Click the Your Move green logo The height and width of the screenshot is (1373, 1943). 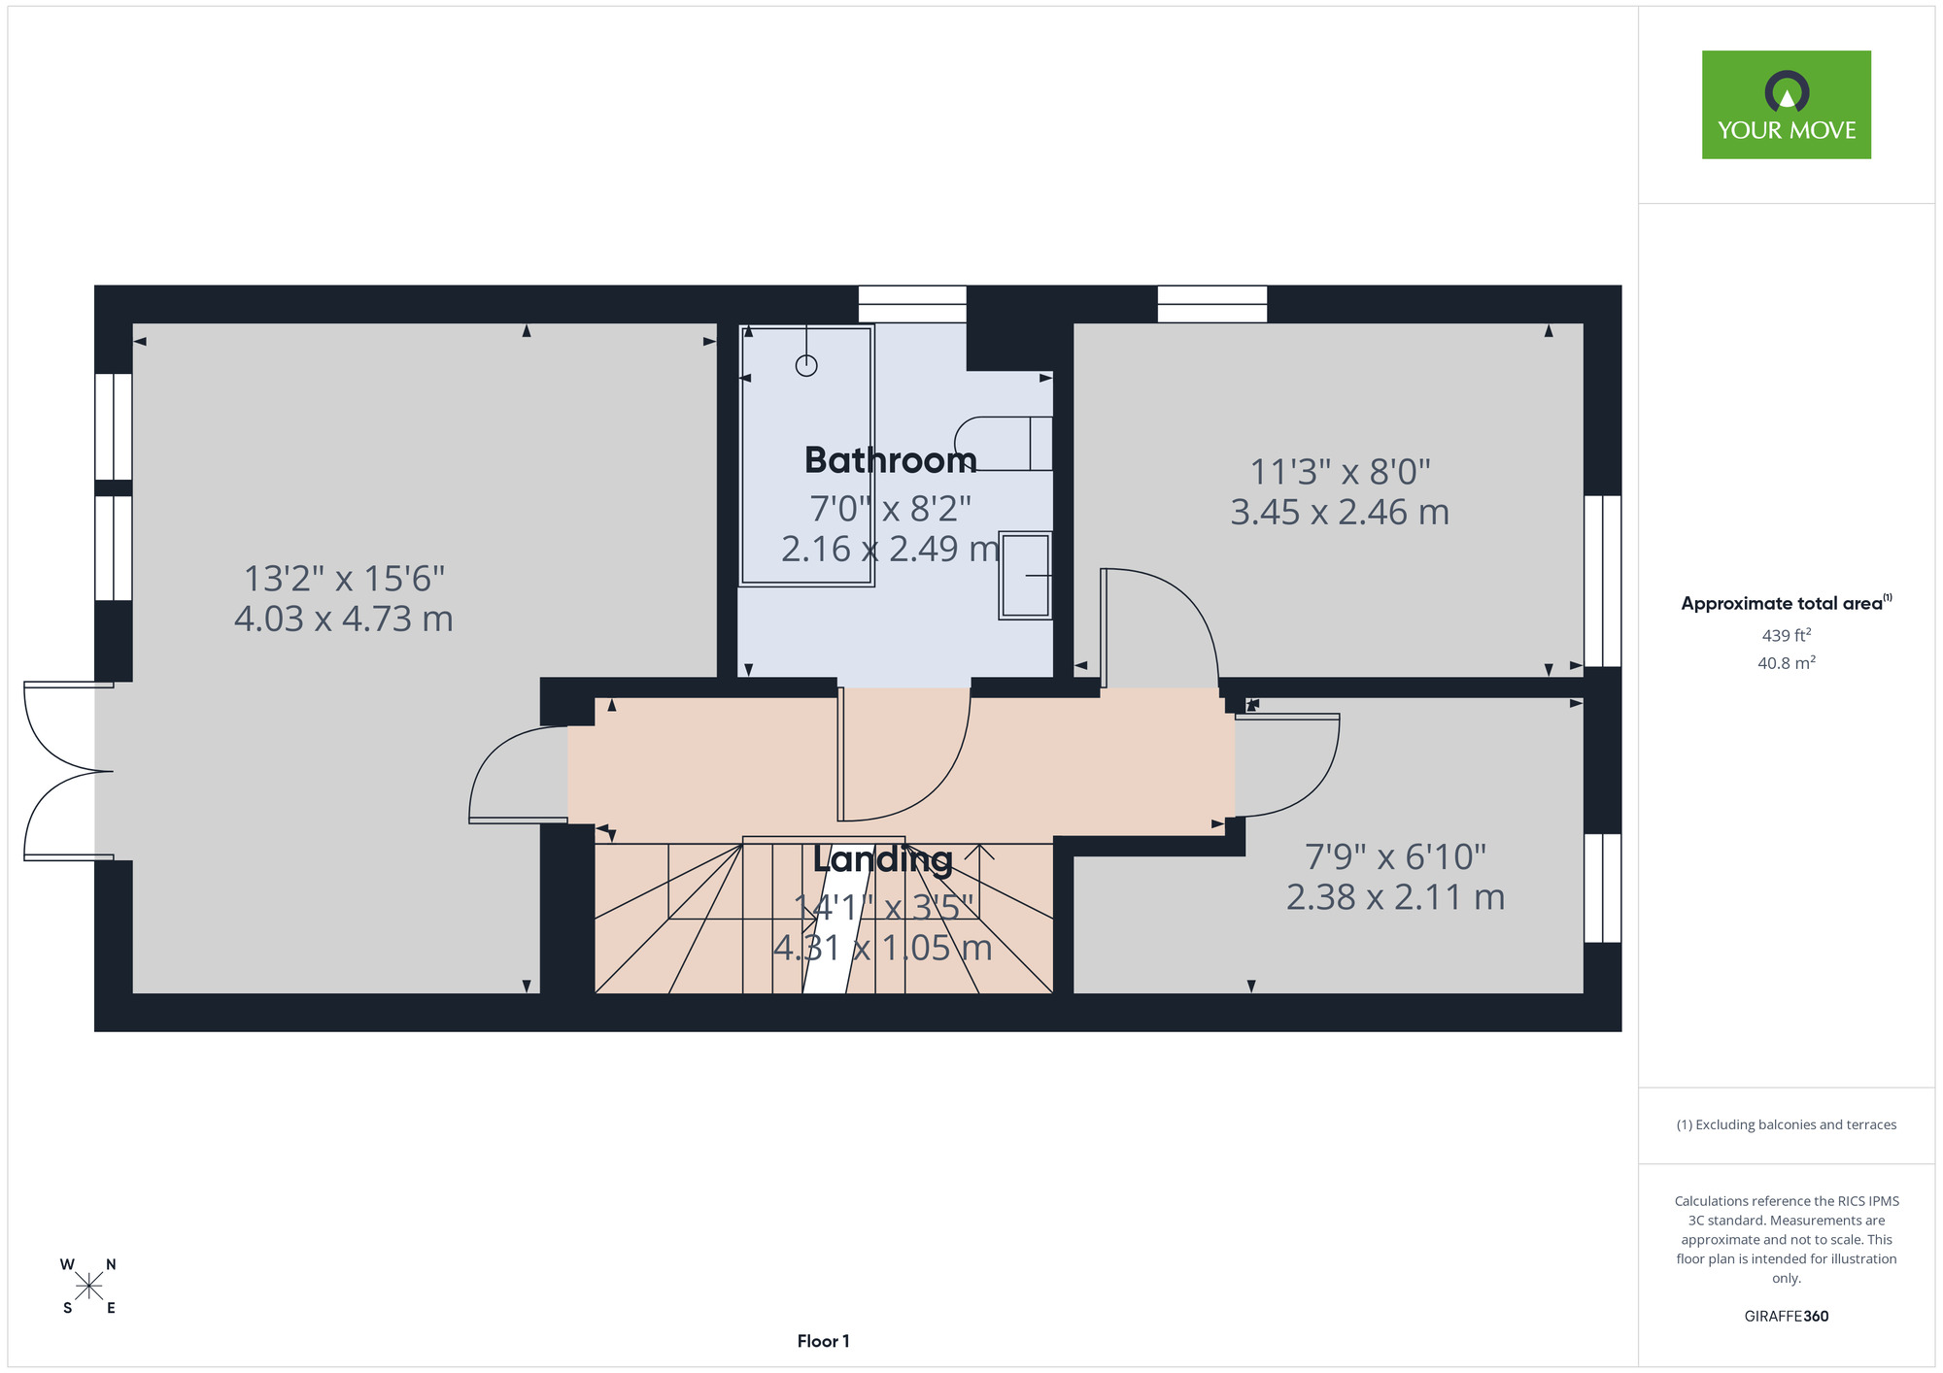click(1786, 105)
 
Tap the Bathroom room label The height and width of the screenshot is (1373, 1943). click(890, 460)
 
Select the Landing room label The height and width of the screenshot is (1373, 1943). click(882, 859)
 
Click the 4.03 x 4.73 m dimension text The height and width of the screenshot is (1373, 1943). click(344, 619)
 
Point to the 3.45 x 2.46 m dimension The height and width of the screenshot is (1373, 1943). click(1340, 512)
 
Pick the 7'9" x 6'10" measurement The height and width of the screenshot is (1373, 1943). click(1395, 857)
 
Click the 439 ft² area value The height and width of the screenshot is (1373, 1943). click(1787, 635)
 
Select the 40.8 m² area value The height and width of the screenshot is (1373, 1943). click(1787, 663)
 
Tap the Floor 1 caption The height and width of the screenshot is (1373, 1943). click(823, 1341)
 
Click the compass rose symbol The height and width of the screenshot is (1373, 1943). click(88, 1287)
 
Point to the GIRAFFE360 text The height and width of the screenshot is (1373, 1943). click(1786, 1317)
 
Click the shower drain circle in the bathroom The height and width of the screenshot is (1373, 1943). click(806, 365)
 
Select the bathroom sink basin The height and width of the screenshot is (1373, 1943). click(1025, 575)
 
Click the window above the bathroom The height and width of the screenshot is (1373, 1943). click(912, 304)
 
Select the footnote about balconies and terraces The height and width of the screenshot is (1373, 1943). click(1786, 1124)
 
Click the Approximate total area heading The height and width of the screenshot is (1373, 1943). click(1786, 603)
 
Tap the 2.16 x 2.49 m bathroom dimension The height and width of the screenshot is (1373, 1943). click(890, 549)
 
